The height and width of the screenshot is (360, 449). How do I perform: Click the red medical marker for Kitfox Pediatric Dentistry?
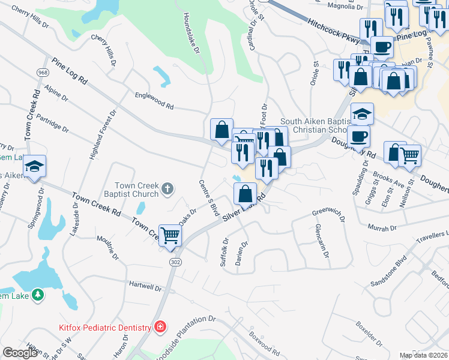(160, 327)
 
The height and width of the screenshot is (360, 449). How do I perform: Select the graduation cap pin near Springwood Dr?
(34, 166)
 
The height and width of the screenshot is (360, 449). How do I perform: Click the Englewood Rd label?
(154, 100)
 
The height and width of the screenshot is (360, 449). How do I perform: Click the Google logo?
(20, 353)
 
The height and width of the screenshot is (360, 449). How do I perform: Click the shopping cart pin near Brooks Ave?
(409, 155)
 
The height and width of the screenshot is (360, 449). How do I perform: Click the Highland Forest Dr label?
(102, 136)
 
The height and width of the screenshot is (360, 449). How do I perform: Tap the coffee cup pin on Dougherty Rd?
(358, 136)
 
